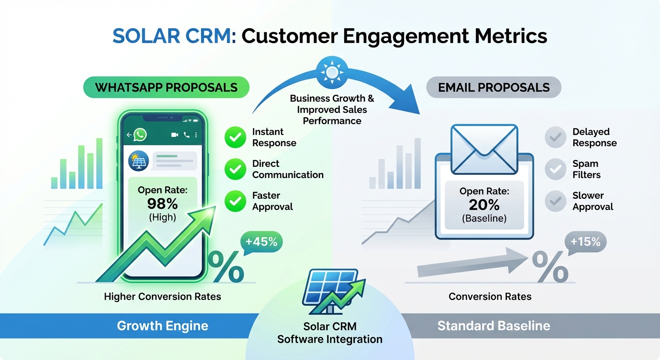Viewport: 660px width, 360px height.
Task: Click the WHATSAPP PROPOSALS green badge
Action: point(166,88)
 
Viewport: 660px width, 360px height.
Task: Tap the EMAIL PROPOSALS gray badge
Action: point(493,88)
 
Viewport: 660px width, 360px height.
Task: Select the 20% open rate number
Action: point(484,205)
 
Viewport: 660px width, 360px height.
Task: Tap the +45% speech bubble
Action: point(261,242)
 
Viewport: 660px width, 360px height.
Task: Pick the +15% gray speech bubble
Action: point(585,242)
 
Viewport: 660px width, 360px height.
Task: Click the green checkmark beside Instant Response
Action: point(235,137)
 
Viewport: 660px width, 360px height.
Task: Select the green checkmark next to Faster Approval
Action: point(235,201)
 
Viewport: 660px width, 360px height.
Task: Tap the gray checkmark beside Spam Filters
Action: point(555,169)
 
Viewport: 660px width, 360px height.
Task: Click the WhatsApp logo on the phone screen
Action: point(140,135)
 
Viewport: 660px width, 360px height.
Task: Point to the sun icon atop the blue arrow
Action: point(332,72)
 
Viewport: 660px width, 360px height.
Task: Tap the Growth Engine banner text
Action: point(162,326)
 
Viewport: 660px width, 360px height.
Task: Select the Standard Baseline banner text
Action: point(494,326)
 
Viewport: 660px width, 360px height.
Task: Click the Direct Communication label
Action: point(287,169)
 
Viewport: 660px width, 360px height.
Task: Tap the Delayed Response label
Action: point(594,137)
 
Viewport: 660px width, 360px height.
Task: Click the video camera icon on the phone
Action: point(175,135)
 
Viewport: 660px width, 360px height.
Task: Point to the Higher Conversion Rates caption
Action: point(162,296)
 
